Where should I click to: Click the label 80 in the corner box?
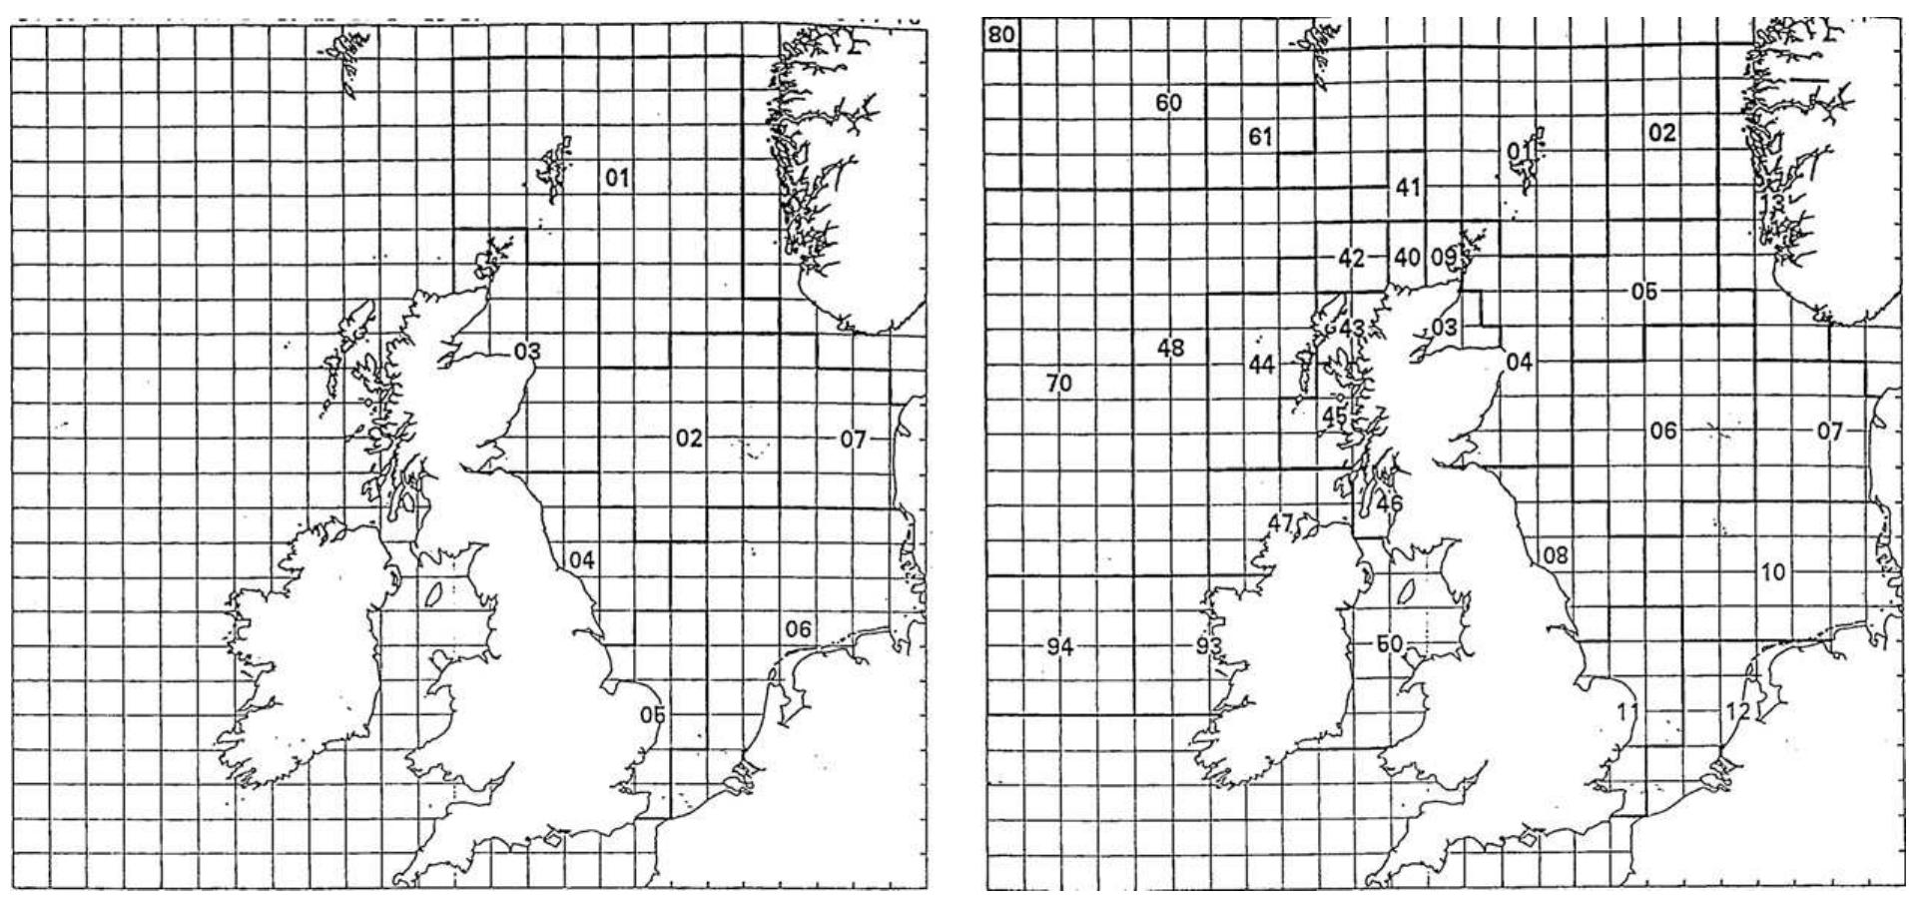pos(1001,36)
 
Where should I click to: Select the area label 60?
pos(1168,102)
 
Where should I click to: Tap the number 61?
pos(1260,137)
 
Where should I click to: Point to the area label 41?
pos(1408,187)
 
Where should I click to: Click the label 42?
pos(1351,259)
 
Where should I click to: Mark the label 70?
pos(1058,383)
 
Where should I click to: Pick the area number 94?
pos(1059,647)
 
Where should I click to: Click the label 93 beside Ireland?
pos(1209,646)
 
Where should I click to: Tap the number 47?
pos(1281,522)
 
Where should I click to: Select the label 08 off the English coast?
pos(1556,554)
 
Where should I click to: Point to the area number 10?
pos(1773,572)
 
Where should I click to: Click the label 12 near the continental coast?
pos(1738,711)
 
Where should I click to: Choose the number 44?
pos(1262,366)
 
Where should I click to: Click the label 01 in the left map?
pos(617,178)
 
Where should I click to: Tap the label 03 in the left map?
pos(527,352)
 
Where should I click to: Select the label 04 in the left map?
pos(581,560)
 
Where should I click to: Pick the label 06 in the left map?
pos(798,629)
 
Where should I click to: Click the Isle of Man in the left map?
pos(434,593)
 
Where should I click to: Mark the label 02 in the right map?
pos(1662,133)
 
